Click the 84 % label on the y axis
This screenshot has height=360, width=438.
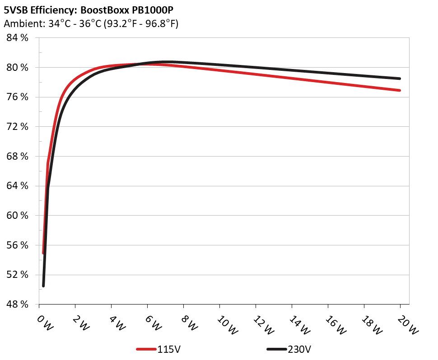pyautogui.click(x=17, y=38)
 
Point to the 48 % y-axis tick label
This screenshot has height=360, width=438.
pyautogui.click(x=17, y=305)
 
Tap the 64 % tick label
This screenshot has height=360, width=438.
pyautogui.click(x=17, y=186)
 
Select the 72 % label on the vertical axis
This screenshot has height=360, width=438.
pyautogui.click(x=17, y=127)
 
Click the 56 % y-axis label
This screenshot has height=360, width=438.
pyautogui.click(x=17, y=245)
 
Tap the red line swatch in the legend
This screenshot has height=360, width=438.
pyautogui.click(x=146, y=349)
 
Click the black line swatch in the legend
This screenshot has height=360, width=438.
pyautogui.click(x=276, y=349)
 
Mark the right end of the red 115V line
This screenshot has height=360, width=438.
pyautogui.click(x=400, y=90)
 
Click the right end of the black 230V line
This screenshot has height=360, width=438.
pyautogui.click(x=400, y=78)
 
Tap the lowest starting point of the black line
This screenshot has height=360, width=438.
pyautogui.click(x=43, y=286)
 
